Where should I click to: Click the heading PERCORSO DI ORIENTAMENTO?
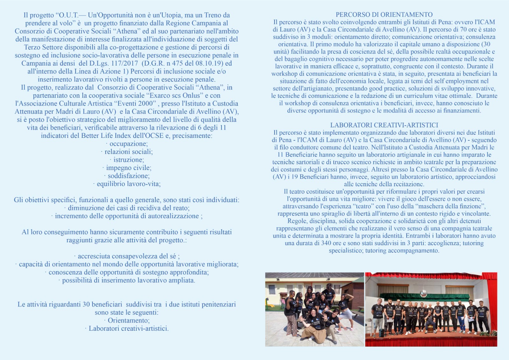click(384, 15)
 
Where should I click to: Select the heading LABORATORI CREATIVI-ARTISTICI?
click(384, 125)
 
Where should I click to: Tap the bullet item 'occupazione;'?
click(128, 144)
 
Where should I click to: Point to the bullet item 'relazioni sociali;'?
click(128, 152)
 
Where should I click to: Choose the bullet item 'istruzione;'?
click(128, 160)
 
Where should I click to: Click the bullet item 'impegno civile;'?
click(128, 168)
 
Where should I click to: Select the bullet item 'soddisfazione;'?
click(128, 176)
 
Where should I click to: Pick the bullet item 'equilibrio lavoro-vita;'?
click(128, 184)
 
